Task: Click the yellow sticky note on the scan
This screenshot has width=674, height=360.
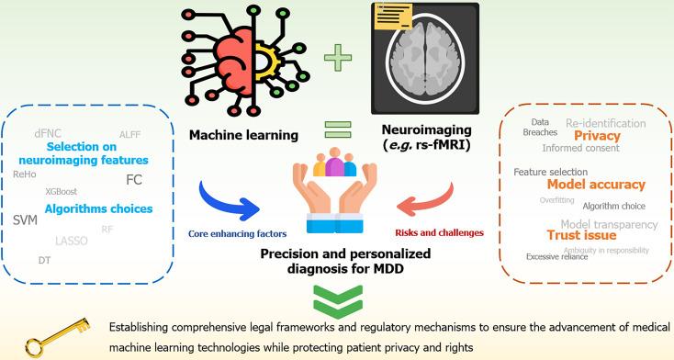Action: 393,17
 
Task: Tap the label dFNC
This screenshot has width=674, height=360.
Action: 47,133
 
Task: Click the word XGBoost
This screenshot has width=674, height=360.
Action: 62,191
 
